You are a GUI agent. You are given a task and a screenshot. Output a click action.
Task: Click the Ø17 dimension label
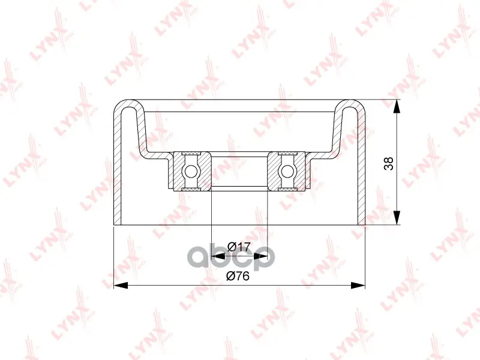(x=239, y=247)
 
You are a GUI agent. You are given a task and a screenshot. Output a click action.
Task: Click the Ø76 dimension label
(x=238, y=276)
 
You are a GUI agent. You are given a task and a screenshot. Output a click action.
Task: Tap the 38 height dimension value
(x=389, y=163)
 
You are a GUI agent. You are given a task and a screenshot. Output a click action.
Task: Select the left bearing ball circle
(x=191, y=171)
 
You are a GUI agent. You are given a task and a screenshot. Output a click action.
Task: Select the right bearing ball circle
(x=287, y=171)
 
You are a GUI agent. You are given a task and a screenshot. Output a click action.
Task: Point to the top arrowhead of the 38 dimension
(x=397, y=107)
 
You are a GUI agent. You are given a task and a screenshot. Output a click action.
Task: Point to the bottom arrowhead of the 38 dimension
(x=397, y=218)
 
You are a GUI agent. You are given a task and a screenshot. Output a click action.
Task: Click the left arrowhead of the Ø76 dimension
(x=121, y=286)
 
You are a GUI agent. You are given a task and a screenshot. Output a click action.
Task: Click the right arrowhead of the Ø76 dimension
(x=358, y=286)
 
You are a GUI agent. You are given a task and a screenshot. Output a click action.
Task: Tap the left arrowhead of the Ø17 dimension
(x=218, y=257)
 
